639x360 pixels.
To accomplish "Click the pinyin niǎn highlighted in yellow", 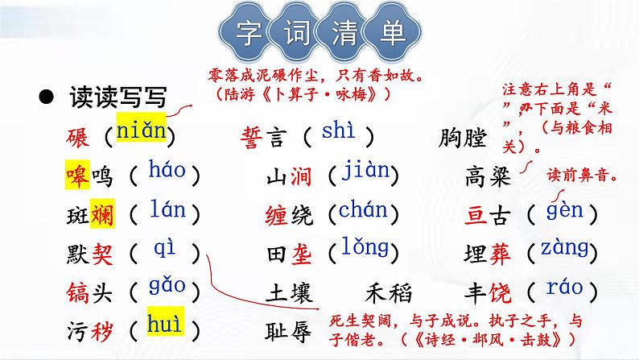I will pos(141,130).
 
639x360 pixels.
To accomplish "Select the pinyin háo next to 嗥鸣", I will pos(167,171).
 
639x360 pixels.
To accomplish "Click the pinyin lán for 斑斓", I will pos(167,211).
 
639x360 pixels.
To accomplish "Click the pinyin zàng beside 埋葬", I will pos(564,248).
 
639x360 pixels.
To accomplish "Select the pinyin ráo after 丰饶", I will pos(564,287).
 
